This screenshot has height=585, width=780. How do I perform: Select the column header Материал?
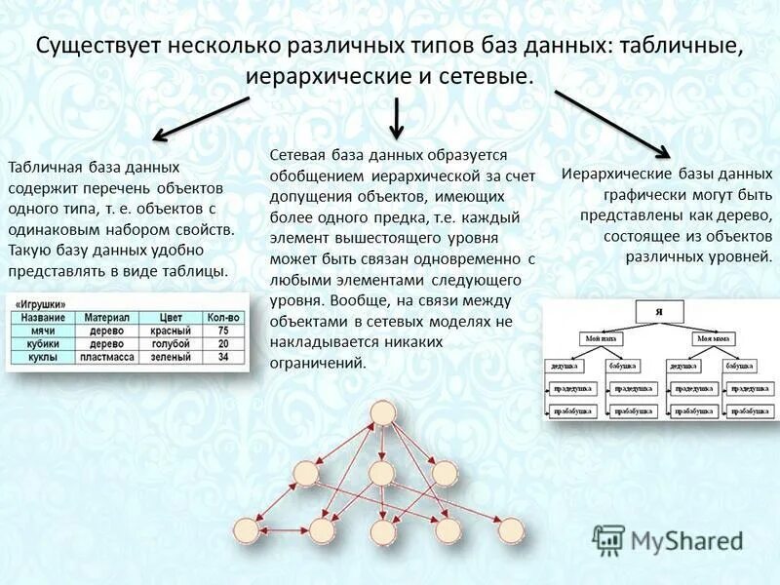(x=106, y=318)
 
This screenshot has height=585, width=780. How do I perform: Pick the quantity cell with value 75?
(x=222, y=331)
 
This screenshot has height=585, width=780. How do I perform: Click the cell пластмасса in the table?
(x=106, y=358)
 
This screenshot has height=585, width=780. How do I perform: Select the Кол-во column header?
(x=222, y=318)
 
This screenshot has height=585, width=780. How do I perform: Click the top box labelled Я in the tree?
(x=659, y=310)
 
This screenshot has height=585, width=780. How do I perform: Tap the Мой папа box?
(x=602, y=338)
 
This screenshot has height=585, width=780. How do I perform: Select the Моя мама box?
(x=716, y=338)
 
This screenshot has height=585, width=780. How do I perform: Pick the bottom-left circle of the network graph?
(x=245, y=531)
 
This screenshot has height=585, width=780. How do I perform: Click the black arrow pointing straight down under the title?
(x=396, y=117)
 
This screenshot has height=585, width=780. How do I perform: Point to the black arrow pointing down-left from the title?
(x=200, y=117)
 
